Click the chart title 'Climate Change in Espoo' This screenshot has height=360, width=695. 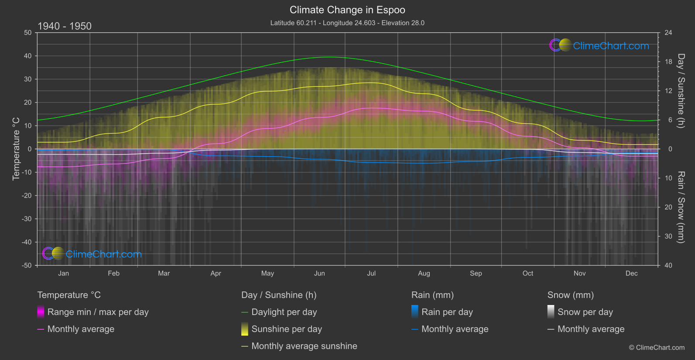tap(347, 10)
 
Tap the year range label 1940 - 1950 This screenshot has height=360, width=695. tap(65, 26)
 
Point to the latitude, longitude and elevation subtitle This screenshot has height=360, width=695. tap(347, 23)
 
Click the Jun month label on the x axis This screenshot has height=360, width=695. tap(319, 273)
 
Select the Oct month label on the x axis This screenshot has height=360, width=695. tap(528, 273)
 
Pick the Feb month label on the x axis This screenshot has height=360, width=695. tap(113, 273)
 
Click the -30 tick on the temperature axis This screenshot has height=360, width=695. tap(27, 219)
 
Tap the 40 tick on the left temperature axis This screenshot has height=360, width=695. tap(28, 56)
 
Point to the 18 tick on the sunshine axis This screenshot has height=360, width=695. tap(668, 62)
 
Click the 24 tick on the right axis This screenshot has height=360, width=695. tap(668, 33)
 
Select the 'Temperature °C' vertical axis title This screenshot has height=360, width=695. tap(16, 149)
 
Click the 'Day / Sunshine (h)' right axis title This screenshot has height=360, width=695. tap(681, 91)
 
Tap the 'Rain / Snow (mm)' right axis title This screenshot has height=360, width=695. tap(681, 207)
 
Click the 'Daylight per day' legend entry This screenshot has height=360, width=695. tap(284, 312)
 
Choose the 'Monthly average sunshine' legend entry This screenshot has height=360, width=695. tap(304, 346)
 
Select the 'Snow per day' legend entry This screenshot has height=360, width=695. tap(585, 312)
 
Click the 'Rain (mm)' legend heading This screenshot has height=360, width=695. tap(432, 295)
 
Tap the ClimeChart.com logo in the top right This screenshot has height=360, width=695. tap(599, 45)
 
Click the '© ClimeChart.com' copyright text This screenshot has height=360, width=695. tap(657, 347)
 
